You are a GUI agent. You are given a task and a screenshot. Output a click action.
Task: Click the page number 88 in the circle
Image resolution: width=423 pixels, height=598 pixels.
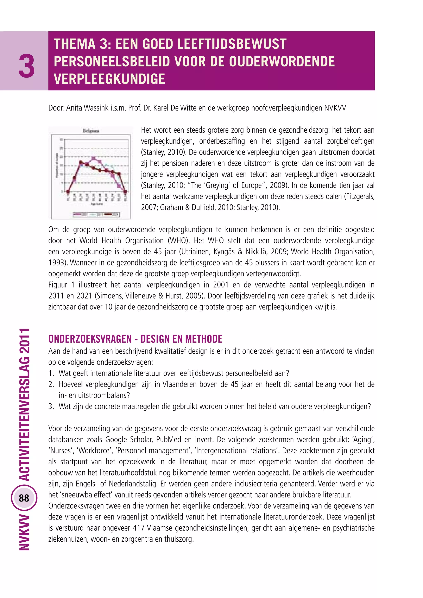pos(24,498)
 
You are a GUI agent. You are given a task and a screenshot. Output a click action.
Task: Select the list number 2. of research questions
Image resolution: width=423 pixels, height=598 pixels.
pos(51,384)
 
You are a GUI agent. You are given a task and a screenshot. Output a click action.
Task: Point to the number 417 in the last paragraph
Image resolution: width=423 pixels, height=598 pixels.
pos(139,528)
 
